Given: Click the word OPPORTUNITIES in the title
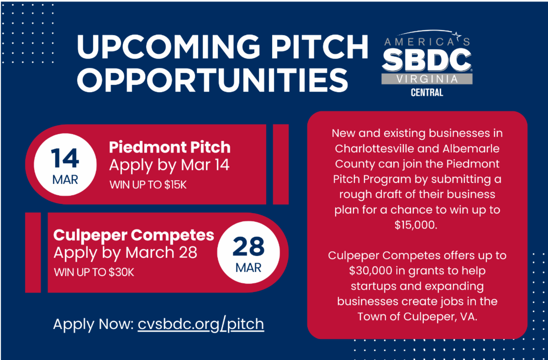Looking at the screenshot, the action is tap(212, 80).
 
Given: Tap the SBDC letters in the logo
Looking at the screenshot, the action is tap(427, 60).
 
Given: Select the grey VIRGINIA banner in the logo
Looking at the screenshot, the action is tap(427, 79).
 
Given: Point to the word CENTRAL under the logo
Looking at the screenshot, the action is tap(427, 92).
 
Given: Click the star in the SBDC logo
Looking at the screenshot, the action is tap(457, 35).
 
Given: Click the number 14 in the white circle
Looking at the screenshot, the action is tap(65, 158).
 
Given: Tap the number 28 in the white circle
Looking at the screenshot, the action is tap(248, 246).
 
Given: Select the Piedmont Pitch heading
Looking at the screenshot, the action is tap(170, 147).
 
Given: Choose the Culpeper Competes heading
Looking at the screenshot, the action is tap(133, 235).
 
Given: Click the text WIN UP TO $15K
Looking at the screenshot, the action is tap(148, 185).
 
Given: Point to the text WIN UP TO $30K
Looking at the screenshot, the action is tap(94, 272).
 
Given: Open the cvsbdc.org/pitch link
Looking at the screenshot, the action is tap(201, 324).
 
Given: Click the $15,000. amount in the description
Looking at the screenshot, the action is tap(416, 225).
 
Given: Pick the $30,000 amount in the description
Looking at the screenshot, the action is tap(370, 271).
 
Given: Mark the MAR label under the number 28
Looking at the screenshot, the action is tap(248, 268).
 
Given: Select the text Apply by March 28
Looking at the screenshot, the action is tap(125, 253).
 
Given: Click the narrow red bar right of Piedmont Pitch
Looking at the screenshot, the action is tap(280, 164).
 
